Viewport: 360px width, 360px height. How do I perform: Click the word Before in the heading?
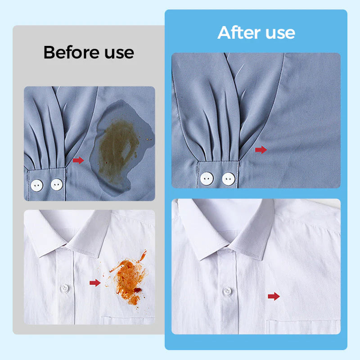[72, 52]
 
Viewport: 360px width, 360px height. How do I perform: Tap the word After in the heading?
[239, 32]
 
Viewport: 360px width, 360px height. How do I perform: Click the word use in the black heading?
[119, 53]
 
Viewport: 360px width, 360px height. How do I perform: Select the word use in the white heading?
[280, 33]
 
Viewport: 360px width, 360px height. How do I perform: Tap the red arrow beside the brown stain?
[78, 160]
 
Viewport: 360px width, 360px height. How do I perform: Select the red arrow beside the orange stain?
[95, 283]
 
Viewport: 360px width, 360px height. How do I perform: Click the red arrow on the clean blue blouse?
[261, 150]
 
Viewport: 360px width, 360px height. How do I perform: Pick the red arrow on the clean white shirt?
[274, 296]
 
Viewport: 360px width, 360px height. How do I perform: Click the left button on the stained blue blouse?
[37, 185]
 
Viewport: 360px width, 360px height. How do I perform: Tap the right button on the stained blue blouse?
[57, 184]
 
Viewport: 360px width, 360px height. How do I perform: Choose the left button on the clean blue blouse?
[207, 178]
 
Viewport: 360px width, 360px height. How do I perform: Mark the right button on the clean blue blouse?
[229, 179]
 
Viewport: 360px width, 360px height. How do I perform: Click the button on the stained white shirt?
[65, 288]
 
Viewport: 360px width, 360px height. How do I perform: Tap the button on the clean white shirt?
[227, 291]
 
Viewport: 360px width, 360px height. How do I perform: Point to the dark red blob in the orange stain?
[138, 290]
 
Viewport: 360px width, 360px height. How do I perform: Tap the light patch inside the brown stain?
[126, 152]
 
